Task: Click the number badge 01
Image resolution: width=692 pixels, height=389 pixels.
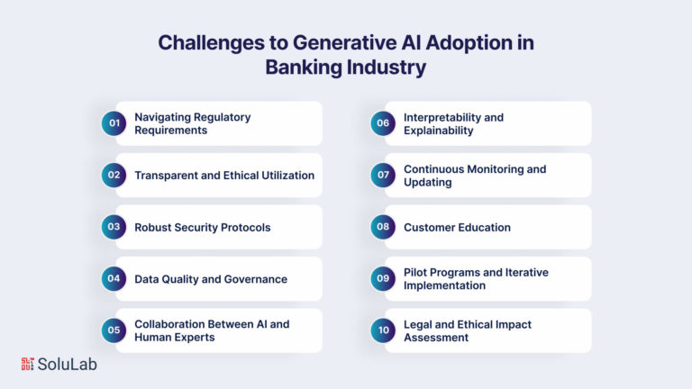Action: (114, 123)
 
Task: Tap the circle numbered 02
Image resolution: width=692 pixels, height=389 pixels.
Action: (114, 175)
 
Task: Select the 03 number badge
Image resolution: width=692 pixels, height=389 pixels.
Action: (114, 227)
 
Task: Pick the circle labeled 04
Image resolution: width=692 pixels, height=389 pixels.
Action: (114, 279)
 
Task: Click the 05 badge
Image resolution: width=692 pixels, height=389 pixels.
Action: (114, 330)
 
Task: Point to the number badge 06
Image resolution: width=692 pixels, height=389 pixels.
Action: (383, 123)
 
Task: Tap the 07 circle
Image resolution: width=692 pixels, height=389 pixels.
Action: (383, 175)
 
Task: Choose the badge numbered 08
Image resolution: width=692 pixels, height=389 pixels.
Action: (383, 227)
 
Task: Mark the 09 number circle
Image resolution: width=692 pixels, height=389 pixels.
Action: (383, 279)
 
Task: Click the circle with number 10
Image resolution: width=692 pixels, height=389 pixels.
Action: (383, 330)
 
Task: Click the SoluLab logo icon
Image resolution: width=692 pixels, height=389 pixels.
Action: (27, 364)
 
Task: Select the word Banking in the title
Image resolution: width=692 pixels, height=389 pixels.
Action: (304, 68)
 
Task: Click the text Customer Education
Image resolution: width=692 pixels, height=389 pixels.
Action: (457, 228)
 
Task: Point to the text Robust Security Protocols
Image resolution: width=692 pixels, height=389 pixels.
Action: (203, 228)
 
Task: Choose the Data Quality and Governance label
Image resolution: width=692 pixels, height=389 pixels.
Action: (211, 279)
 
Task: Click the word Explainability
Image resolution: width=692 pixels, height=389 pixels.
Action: (438, 131)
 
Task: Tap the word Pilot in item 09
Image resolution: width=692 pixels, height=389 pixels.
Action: (414, 272)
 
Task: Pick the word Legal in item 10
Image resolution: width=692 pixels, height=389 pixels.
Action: (417, 324)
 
